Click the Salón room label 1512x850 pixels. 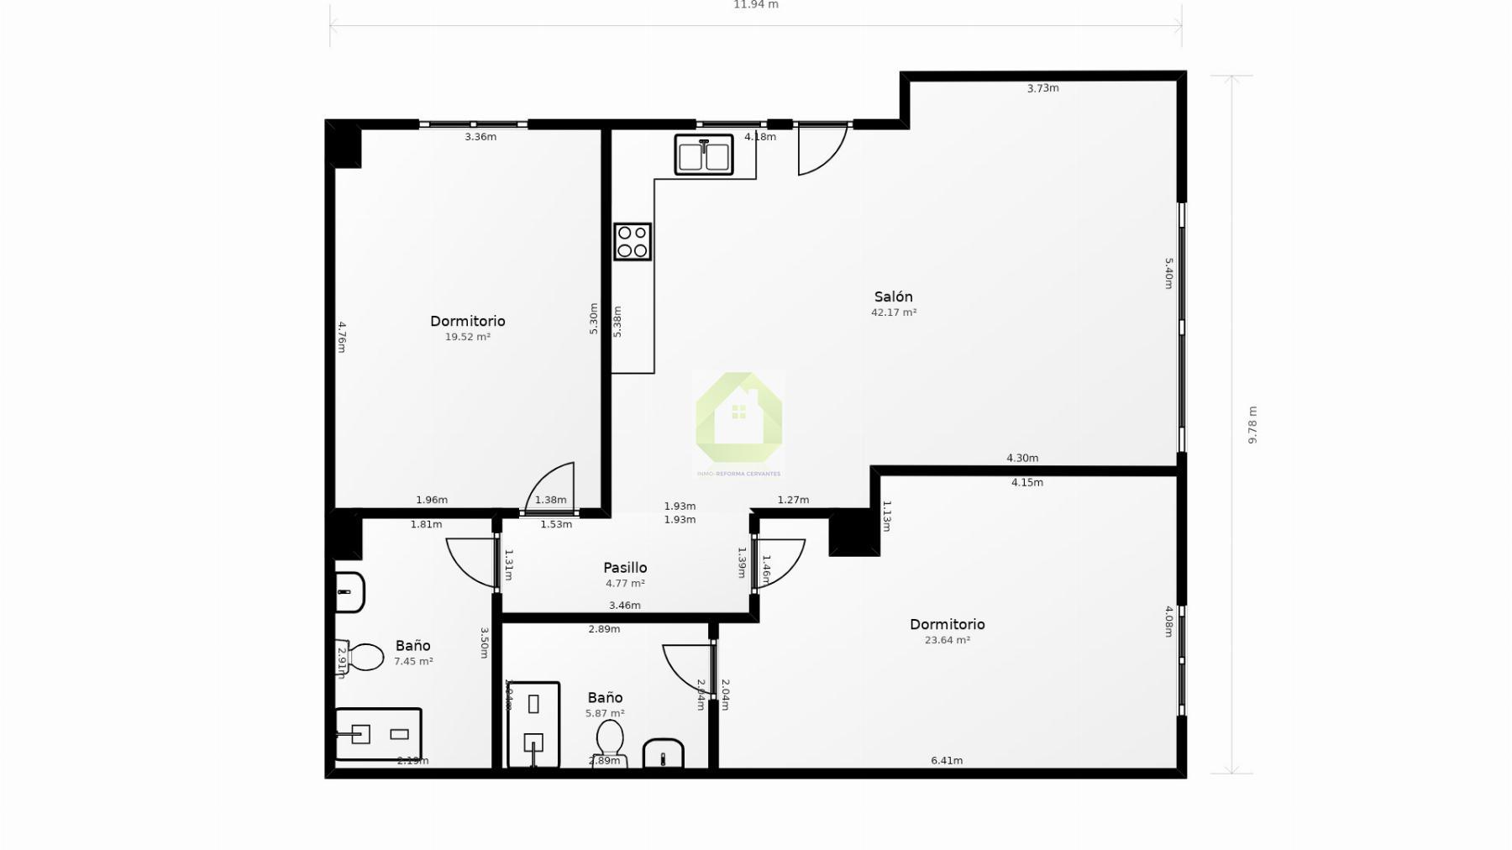coord(893,296)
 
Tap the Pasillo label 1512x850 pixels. coord(625,568)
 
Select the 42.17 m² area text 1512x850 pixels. coord(894,312)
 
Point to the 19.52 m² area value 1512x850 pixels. coord(468,337)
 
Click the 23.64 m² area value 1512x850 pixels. coord(948,640)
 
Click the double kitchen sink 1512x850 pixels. coord(704,155)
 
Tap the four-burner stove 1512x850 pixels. coord(633,241)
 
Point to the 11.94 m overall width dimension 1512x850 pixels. coord(756,5)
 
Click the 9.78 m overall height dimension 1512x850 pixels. coord(1252,425)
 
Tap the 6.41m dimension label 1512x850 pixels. coord(947,760)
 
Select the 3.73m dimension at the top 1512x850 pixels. coord(1042,88)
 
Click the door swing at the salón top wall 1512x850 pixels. coord(820,151)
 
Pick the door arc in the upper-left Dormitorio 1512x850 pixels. coord(552,488)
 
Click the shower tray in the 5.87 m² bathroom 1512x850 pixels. coord(533,724)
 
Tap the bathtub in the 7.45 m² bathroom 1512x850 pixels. coord(378,734)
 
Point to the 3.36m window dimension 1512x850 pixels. coord(480,137)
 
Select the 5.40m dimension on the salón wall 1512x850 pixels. coord(1168,273)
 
